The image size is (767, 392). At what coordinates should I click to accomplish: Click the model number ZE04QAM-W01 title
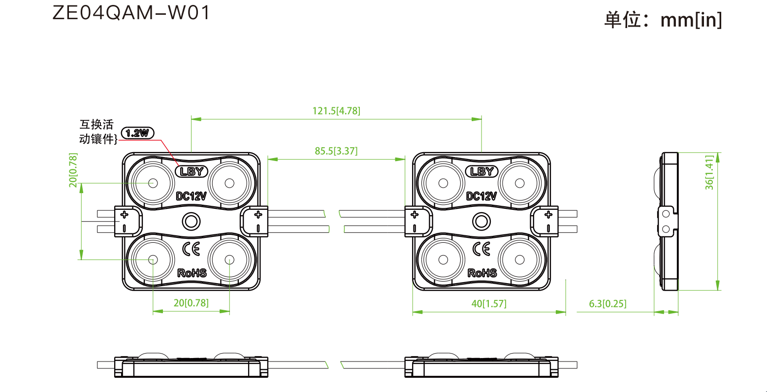131,13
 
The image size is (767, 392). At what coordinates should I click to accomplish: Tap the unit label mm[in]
691,20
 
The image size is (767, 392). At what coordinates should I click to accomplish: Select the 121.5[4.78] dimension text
336,111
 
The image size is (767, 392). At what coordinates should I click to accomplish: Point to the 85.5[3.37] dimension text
336,151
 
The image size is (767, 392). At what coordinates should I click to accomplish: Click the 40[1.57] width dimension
489,303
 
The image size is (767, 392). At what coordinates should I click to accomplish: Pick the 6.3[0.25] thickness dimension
608,303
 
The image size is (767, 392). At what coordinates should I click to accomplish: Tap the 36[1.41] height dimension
709,172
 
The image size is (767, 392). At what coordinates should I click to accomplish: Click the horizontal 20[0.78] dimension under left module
191,303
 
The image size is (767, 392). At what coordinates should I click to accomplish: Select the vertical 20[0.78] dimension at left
73,170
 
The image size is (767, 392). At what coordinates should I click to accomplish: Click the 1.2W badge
138,133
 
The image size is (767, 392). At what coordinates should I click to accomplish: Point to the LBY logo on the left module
192,171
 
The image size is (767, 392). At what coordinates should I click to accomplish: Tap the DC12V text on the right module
481,196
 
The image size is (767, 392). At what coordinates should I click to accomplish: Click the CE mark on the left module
191,249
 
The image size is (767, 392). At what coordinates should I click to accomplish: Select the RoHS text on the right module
482,273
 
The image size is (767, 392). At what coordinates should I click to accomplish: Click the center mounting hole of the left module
191,221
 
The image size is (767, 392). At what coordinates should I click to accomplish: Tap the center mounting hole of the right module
481,221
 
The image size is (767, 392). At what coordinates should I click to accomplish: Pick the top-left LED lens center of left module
153,183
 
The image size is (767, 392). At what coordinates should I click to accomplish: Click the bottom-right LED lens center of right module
520,260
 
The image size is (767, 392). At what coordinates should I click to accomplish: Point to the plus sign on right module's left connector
415,215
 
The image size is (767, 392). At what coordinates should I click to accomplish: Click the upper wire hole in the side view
666,214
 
